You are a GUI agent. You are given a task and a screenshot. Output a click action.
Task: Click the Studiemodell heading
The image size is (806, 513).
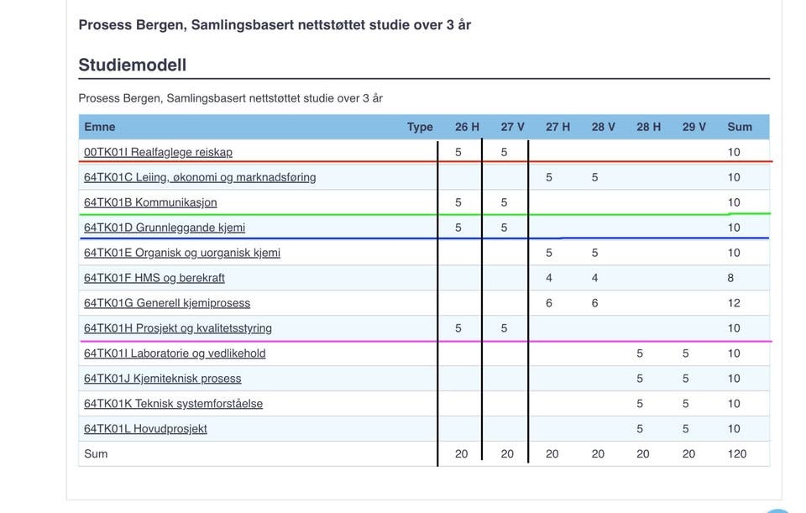pos(132,65)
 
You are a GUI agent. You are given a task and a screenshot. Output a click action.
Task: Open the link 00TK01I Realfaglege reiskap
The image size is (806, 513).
pos(158,152)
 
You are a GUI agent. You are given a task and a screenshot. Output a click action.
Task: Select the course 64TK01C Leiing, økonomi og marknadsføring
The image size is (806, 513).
pos(200,177)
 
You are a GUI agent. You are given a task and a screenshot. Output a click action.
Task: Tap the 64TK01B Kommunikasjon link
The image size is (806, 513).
pos(150,202)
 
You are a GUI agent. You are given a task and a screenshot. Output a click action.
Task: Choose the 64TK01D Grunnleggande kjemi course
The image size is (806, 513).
pos(165,228)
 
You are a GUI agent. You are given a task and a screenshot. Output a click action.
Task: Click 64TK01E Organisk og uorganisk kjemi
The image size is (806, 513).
pos(182,253)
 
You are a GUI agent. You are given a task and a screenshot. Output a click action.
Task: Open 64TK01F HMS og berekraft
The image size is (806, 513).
pos(154,278)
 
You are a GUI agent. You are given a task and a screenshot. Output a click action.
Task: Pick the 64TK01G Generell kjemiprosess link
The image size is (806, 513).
pos(167,303)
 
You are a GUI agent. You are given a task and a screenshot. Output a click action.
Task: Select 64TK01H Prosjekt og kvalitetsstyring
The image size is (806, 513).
pos(178,328)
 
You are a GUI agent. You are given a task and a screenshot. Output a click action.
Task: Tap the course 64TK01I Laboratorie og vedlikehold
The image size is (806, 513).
pos(175,353)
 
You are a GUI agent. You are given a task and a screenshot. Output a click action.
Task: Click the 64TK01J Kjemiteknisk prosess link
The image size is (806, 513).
pos(162,379)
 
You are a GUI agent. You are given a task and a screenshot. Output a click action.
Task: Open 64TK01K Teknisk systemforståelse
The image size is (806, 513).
pos(173,404)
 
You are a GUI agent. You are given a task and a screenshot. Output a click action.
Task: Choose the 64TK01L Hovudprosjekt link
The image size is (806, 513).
pos(145,429)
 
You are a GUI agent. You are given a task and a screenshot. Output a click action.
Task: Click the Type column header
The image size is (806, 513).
pos(420,127)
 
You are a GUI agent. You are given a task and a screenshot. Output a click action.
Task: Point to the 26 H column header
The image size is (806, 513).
pos(467,127)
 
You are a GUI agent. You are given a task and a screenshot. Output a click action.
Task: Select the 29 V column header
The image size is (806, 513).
pos(694,127)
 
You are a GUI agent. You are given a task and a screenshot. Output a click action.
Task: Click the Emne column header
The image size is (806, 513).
pos(100,127)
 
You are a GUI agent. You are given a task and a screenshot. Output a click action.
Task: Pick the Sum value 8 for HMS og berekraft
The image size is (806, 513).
pos(730,278)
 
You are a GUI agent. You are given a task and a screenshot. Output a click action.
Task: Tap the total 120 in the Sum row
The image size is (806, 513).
pos(737,454)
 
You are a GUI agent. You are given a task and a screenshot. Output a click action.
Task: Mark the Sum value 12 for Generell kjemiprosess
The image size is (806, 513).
pos(734,303)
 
